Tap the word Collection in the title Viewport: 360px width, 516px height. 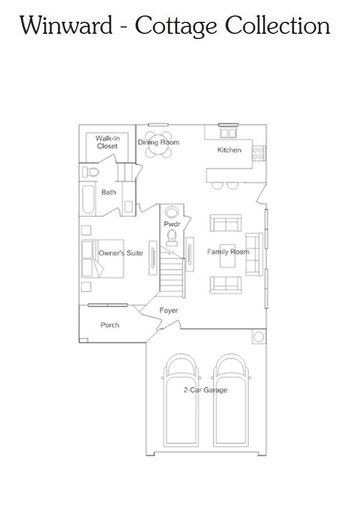tap(277, 26)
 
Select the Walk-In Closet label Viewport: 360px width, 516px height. tap(107, 142)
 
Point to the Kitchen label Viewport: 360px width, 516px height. tap(229, 150)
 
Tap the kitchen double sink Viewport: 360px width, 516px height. tap(228, 133)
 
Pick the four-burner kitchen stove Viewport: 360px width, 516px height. tap(259, 153)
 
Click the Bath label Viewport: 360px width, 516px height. tap(108, 192)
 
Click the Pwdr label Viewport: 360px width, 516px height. tap(172, 224)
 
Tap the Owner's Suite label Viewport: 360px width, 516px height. tap(120, 253)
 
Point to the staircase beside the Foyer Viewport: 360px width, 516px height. tap(171, 277)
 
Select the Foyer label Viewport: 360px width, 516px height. tap(169, 311)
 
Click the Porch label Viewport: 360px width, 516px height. tap(109, 325)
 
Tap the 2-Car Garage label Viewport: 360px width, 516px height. tap(205, 390)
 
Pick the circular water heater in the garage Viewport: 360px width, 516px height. tap(259, 337)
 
